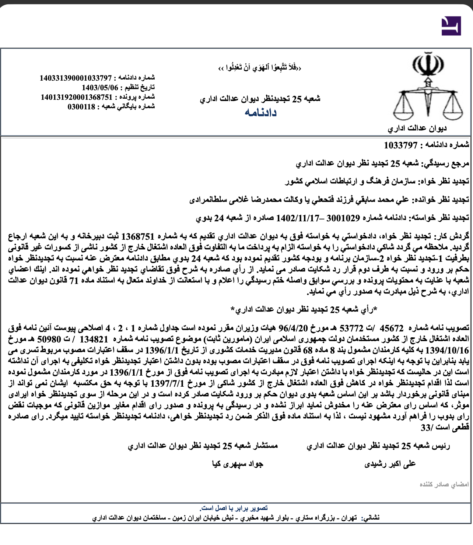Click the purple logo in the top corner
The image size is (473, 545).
[x=451, y=26]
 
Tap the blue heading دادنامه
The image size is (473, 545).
[x=260, y=112]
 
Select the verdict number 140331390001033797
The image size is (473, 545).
[x=76, y=78]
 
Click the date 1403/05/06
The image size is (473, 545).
[x=100, y=88]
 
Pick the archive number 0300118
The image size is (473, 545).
[x=81, y=107]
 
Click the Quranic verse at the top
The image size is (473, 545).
[x=260, y=68]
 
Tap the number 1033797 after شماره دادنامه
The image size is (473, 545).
[x=400, y=145]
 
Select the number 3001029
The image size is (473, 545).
[x=343, y=218]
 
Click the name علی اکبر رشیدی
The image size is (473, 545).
[x=390, y=464]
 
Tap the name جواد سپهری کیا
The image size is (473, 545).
[x=238, y=464]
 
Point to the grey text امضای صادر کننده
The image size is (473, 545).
[x=444, y=484]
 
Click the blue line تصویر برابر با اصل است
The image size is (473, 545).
[x=234, y=508]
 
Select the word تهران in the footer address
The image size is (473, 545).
[x=349, y=518]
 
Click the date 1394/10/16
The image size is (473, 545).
[x=447, y=350]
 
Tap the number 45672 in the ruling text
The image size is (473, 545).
[x=392, y=328]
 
